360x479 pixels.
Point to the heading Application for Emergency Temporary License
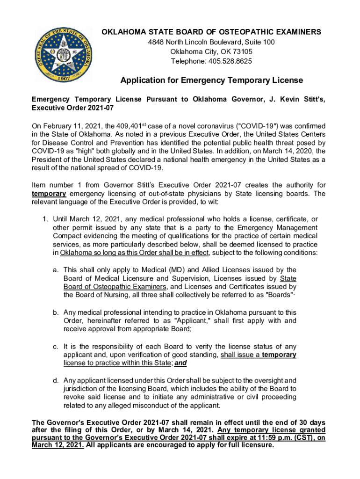(212, 80)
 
